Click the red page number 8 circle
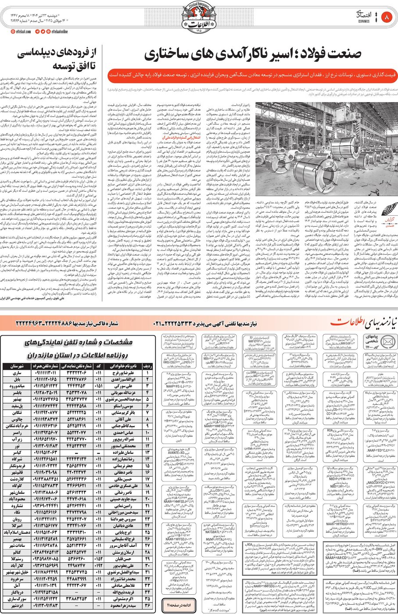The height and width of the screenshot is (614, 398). point(387,18)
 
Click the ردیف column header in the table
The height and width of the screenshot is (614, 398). point(148,366)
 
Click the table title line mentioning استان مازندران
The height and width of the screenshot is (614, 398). point(77,355)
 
